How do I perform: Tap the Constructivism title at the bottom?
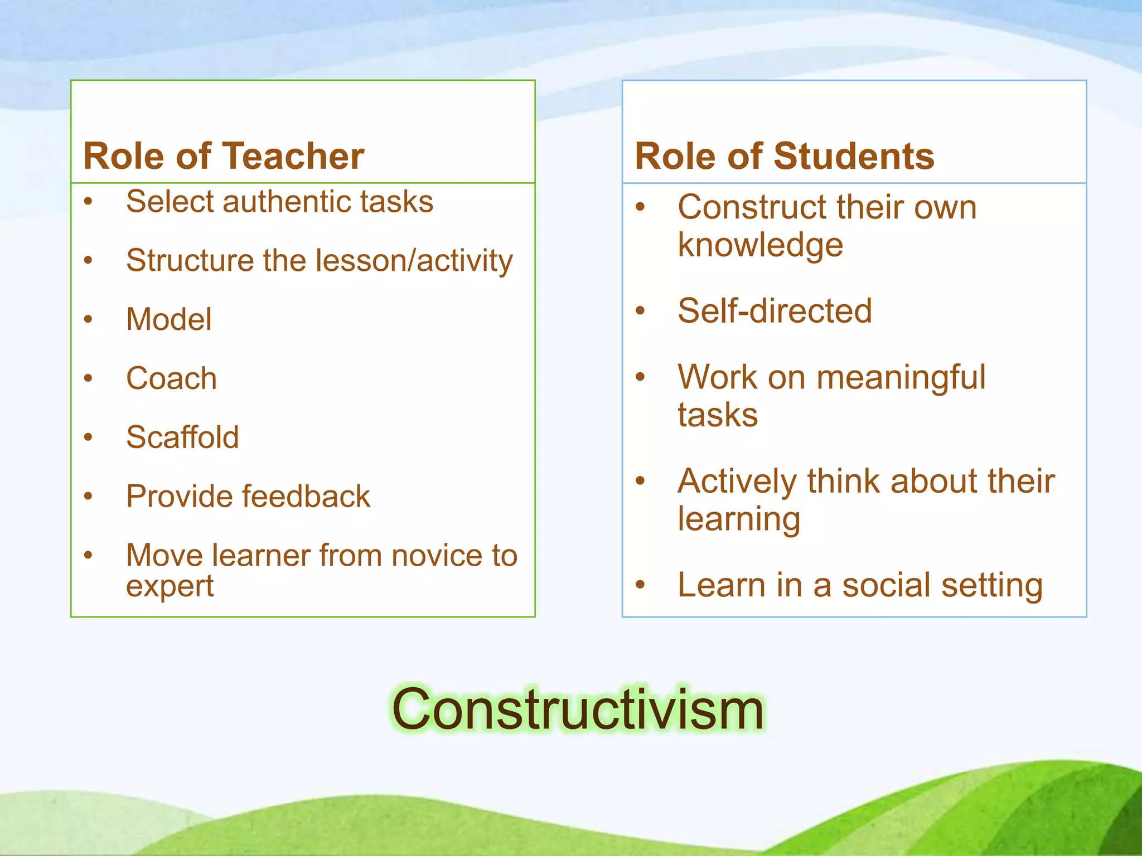(x=578, y=709)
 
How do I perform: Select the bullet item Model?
(x=169, y=319)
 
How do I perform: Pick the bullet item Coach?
(x=171, y=378)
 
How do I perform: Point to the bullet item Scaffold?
(x=182, y=437)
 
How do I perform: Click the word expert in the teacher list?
(x=170, y=586)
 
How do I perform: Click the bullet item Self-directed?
(x=775, y=310)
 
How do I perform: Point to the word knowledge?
(x=760, y=245)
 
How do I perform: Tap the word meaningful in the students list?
(x=901, y=377)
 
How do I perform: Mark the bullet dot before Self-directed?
(x=640, y=310)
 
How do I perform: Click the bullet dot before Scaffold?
(x=88, y=437)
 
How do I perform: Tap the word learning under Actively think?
(x=739, y=519)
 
